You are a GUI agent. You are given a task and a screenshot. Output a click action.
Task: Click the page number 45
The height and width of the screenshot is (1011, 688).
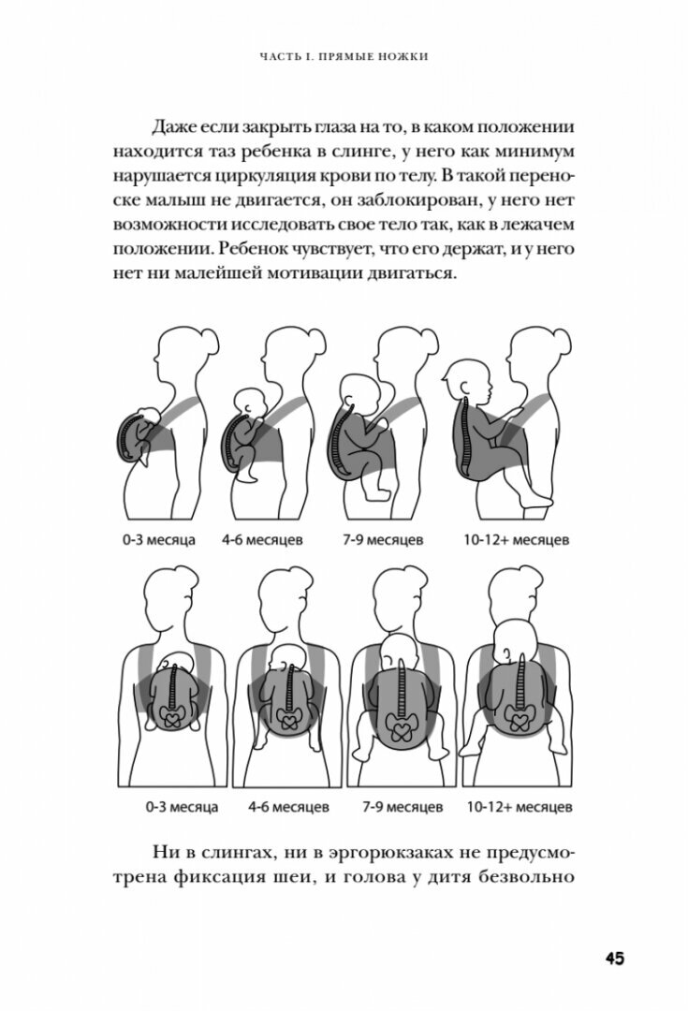coord(614,958)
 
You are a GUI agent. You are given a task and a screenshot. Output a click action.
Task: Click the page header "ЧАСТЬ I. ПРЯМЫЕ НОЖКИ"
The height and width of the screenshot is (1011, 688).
coord(344,58)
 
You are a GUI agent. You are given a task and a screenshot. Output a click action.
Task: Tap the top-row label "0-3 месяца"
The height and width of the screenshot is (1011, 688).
coord(170,540)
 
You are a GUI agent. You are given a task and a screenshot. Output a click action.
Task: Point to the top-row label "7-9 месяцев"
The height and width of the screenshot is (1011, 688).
coord(393,540)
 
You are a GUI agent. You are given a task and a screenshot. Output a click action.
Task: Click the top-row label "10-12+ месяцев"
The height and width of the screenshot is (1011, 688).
coord(516,540)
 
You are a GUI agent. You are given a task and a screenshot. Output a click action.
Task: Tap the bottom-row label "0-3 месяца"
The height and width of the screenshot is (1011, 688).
coord(170,804)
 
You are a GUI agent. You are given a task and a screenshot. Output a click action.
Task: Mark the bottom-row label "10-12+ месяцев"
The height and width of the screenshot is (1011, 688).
coord(520,804)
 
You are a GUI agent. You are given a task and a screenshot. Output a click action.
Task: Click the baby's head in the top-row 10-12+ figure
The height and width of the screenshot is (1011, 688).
coord(464,379)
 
